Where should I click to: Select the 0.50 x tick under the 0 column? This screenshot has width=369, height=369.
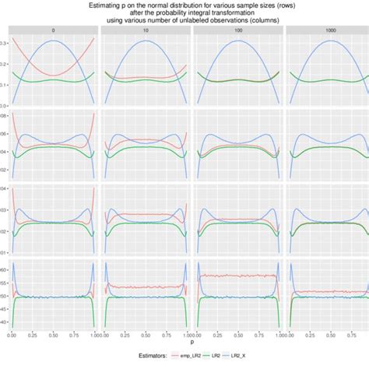53,334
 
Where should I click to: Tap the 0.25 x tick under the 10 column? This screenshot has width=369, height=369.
123,334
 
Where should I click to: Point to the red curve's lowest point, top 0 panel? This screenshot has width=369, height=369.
53,76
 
